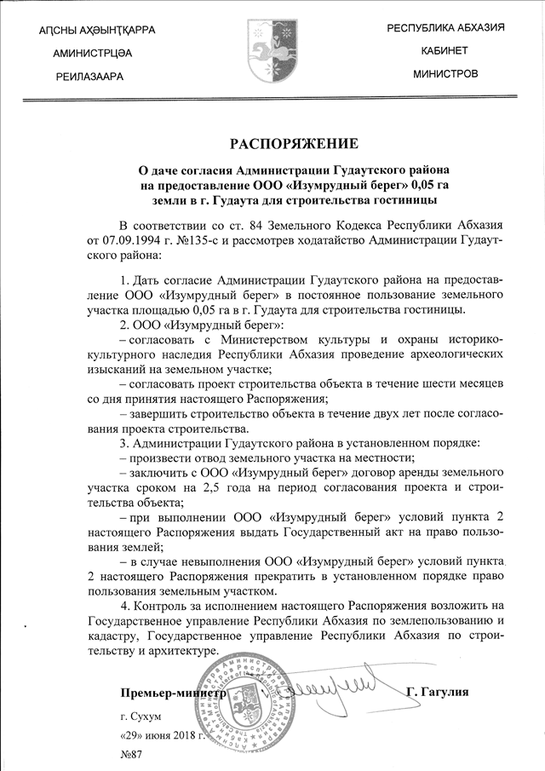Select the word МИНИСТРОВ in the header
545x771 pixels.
point(445,74)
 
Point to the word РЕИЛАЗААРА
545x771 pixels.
point(89,77)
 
